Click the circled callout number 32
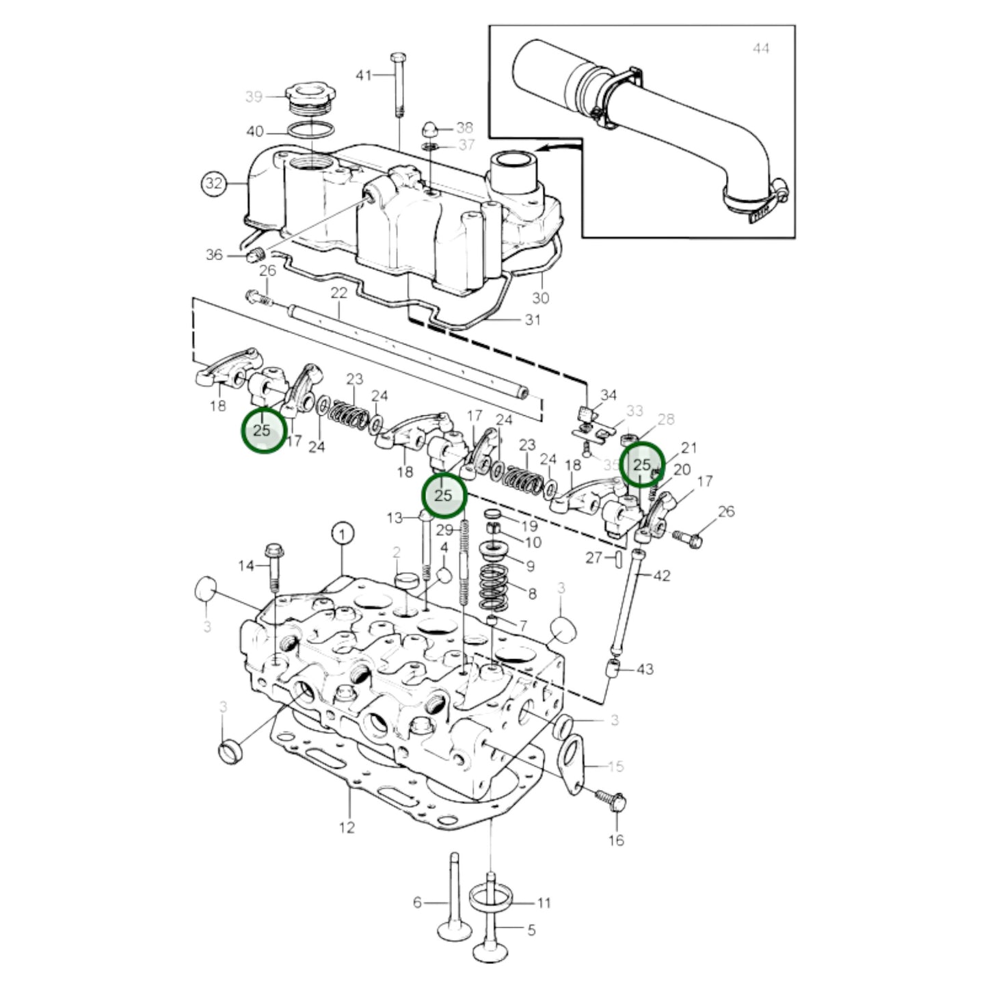click(x=214, y=183)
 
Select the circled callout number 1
click(x=343, y=533)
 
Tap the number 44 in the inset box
click(x=760, y=49)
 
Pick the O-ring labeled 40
click(x=310, y=131)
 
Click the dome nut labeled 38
click(x=432, y=128)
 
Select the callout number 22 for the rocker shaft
click(x=339, y=293)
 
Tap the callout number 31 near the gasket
click(x=533, y=320)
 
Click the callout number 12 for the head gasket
click(x=347, y=827)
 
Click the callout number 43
click(x=645, y=669)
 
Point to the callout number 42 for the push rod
click(x=662, y=576)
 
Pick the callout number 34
click(x=608, y=395)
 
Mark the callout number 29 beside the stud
click(x=444, y=530)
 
